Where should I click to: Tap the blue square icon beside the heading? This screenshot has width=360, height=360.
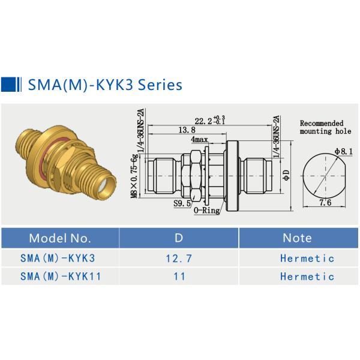point(9,84)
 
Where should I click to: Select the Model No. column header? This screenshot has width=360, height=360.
point(60,238)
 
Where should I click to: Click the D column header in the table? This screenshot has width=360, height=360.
point(178,238)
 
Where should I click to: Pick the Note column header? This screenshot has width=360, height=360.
point(297,238)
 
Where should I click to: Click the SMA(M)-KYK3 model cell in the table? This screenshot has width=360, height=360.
point(58,259)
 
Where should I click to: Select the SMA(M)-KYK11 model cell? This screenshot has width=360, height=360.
point(61,277)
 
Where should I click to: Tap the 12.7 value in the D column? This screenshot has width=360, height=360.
point(178,259)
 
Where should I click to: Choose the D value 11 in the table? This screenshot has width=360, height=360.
point(178,277)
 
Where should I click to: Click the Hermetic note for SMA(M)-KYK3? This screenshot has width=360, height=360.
point(307,259)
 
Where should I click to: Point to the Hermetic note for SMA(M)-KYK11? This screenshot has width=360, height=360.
point(307,277)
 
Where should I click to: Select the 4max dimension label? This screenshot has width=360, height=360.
point(200,139)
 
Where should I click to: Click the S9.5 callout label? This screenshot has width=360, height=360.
point(182,204)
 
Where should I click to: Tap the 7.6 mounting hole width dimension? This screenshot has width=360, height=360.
point(326,203)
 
